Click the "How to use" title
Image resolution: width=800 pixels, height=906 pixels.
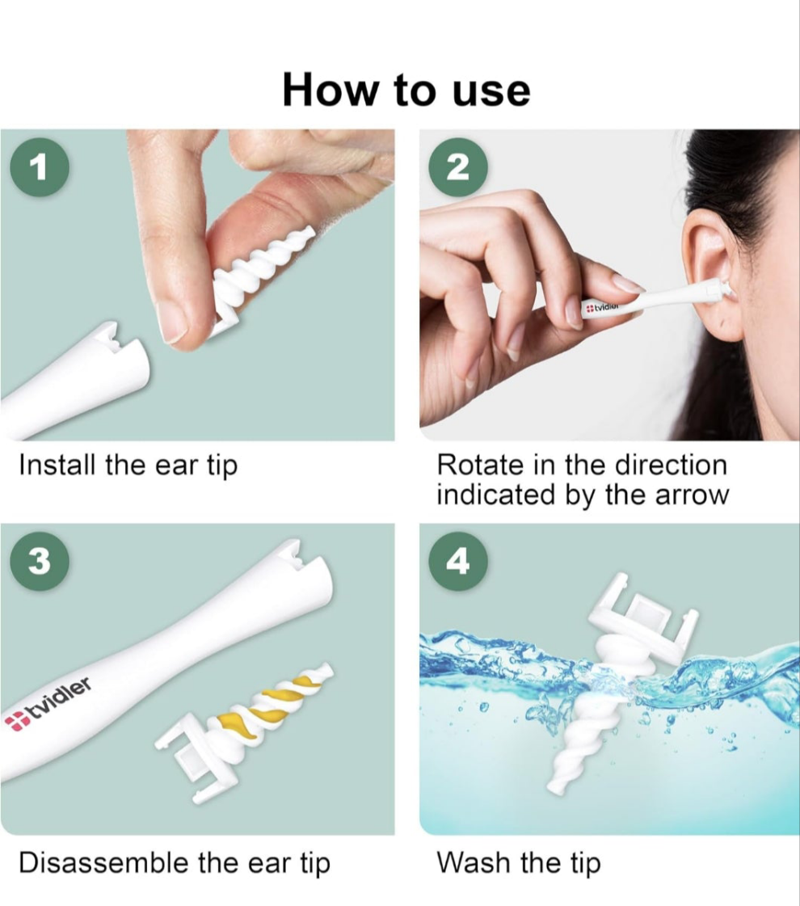(406, 91)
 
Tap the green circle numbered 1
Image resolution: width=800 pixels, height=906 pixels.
(40, 167)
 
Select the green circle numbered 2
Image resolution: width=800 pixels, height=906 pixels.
(457, 167)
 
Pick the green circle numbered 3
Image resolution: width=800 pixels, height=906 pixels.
(40, 560)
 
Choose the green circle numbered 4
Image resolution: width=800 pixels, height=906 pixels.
(457, 560)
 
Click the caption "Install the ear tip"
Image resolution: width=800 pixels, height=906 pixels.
(128, 466)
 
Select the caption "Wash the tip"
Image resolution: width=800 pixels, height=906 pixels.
(519, 862)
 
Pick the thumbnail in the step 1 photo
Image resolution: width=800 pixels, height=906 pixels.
(173, 322)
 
